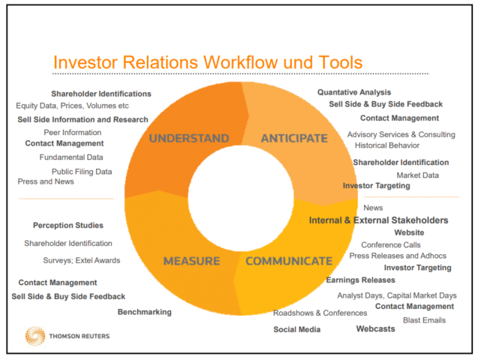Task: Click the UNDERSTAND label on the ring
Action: coord(188,138)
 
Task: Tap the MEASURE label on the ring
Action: coord(191,261)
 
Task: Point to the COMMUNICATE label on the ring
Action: coord(288,261)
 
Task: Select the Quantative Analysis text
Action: coord(353,92)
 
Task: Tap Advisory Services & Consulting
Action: coord(401,134)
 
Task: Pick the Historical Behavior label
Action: coord(387,145)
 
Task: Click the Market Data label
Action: coord(417,175)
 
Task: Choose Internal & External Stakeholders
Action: coord(378,220)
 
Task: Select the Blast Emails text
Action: coord(424,320)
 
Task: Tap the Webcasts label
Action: coord(375,329)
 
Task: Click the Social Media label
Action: coord(296,330)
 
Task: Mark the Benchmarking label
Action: coord(144,312)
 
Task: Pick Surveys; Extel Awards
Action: coord(81,260)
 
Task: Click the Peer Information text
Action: coord(72,132)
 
